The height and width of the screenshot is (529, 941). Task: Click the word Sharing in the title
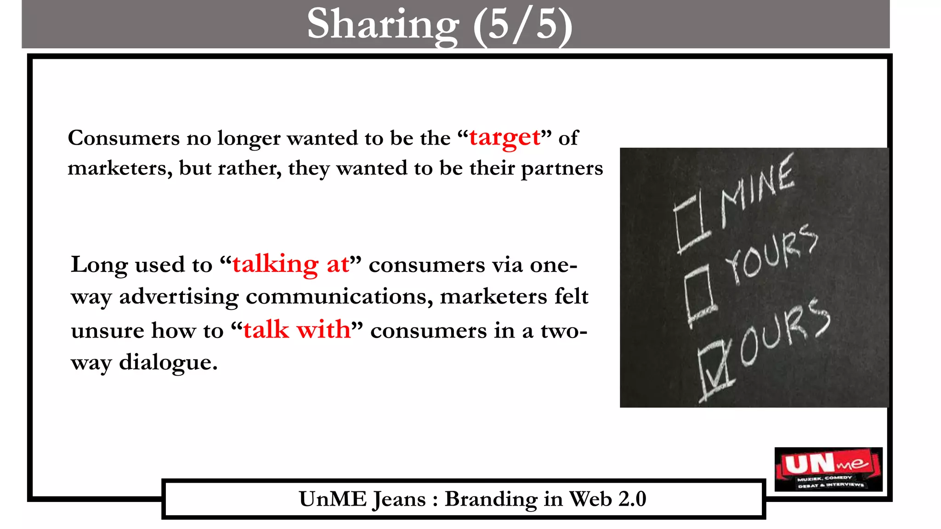(x=383, y=25)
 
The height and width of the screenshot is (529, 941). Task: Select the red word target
(x=505, y=138)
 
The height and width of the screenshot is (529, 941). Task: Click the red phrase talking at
(x=290, y=264)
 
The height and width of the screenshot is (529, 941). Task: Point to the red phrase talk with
(x=297, y=330)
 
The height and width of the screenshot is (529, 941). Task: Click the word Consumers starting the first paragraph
(x=124, y=138)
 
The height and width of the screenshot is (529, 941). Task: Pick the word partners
(x=561, y=169)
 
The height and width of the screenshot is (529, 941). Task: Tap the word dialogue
(x=168, y=362)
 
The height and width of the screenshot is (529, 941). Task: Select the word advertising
(x=179, y=297)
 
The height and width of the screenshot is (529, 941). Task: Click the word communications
(x=339, y=297)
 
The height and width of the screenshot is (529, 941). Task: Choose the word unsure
(x=108, y=331)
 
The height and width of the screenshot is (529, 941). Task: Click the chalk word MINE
(x=757, y=189)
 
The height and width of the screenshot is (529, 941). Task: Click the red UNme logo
(x=828, y=469)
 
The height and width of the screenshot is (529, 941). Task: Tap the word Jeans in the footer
(x=399, y=500)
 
